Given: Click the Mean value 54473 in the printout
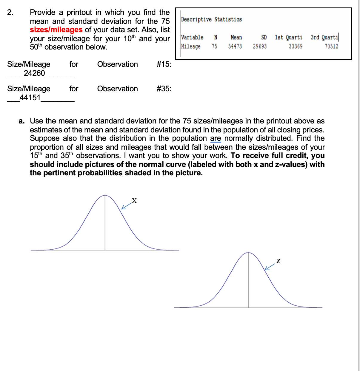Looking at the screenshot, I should [x=235, y=46].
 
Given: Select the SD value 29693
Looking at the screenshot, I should [x=260, y=46].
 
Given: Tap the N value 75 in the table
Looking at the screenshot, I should [x=214, y=46].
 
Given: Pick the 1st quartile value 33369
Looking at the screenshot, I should [x=296, y=46].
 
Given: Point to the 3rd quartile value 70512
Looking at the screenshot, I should [x=331, y=46].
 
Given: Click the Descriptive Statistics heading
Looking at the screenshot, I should [x=211, y=19].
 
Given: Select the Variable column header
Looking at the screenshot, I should [x=192, y=37].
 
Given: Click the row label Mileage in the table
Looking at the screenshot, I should [x=191, y=46].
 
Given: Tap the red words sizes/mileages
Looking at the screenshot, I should [x=56, y=30].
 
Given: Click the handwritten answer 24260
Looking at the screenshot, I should [x=34, y=73].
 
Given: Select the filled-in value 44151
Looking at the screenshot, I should [x=30, y=98].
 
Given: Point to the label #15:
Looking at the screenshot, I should [x=164, y=64].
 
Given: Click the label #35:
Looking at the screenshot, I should [x=164, y=89].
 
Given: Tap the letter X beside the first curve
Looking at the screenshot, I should [x=134, y=201].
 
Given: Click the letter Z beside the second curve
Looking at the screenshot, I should [x=278, y=261].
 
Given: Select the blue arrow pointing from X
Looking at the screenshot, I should [x=127, y=206].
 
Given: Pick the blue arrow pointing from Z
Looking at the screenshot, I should [x=270, y=267].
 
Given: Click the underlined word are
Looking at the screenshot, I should [x=216, y=138].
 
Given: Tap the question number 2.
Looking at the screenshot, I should [x=10, y=12].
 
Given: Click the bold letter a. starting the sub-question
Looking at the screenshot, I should [x=21, y=121].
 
